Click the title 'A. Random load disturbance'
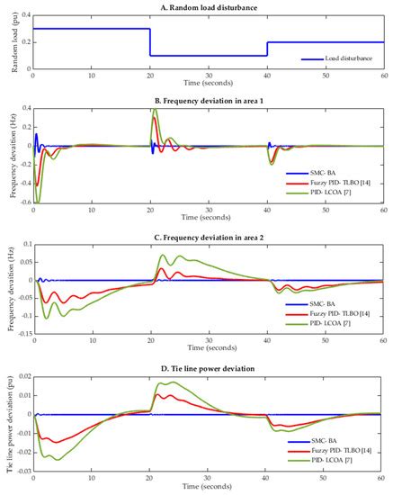(x=209, y=5)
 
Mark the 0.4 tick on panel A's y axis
(x=24, y=15)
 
